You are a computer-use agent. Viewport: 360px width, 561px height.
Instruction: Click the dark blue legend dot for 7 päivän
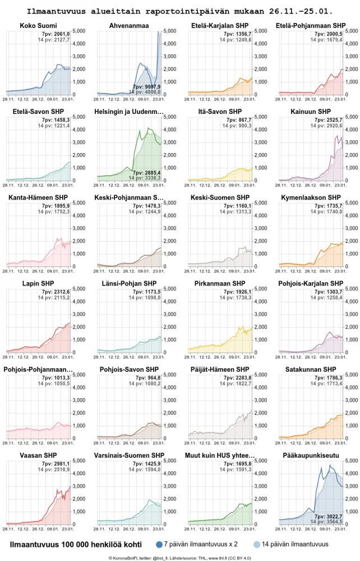(x=159, y=544)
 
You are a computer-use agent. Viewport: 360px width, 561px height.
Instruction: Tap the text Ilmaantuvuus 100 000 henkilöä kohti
(x=76, y=544)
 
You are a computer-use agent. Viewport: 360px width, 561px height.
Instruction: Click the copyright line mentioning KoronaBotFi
(x=179, y=558)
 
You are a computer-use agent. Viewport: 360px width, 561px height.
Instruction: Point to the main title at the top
(x=179, y=11)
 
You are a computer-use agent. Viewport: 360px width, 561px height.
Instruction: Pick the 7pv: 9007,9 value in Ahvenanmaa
(x=147, y=87)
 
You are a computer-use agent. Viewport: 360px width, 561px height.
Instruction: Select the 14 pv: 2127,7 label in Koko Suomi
(x=58, y=40)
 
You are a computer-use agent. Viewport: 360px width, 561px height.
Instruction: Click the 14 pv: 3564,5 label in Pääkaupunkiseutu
(x=327, y=521)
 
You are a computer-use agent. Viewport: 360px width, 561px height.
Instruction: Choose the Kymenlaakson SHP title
(x=310, y=197)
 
